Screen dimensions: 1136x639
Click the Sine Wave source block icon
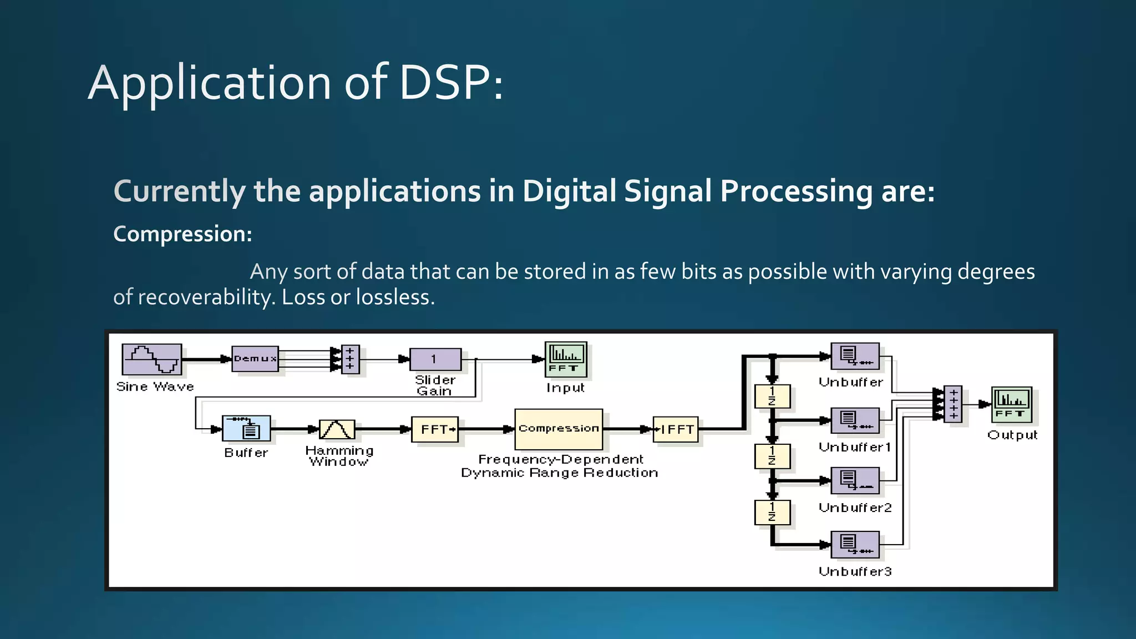point(151,359)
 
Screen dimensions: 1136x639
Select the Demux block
point(255,359)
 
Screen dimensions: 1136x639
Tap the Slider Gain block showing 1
point(435,359)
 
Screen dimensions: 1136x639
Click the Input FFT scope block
point(565,359)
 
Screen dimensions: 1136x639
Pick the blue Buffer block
point(246,428)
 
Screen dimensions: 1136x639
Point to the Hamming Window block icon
point(337,429)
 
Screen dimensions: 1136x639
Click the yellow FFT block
point(435,429)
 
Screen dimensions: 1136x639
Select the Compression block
point(558,429)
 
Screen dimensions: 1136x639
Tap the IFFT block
point(675,429)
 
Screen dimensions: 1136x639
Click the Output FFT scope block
point(1011,405)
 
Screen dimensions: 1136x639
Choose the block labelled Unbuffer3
point(855,545)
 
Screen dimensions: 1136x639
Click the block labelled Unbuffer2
point(855,480)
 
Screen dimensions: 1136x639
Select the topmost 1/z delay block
point(772,397)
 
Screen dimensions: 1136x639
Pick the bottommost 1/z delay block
point(772,512)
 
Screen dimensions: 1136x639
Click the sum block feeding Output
point(952,404)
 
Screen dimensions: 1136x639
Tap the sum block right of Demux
point(350,359)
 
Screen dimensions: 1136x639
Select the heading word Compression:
point(182,234)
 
